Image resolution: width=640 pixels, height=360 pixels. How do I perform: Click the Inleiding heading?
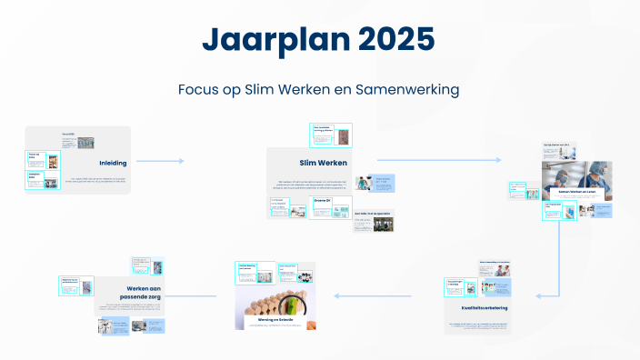pos(113,163)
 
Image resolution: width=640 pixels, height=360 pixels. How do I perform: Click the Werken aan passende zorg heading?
pos(144,292)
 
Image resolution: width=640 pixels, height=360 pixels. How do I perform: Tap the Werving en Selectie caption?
pos(275,320)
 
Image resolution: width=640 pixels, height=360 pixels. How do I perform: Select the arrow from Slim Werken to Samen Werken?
pos(436,160)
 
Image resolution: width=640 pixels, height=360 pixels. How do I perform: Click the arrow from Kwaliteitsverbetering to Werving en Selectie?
pos(386,295)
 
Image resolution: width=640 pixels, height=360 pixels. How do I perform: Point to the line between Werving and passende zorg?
pos(192,295)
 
